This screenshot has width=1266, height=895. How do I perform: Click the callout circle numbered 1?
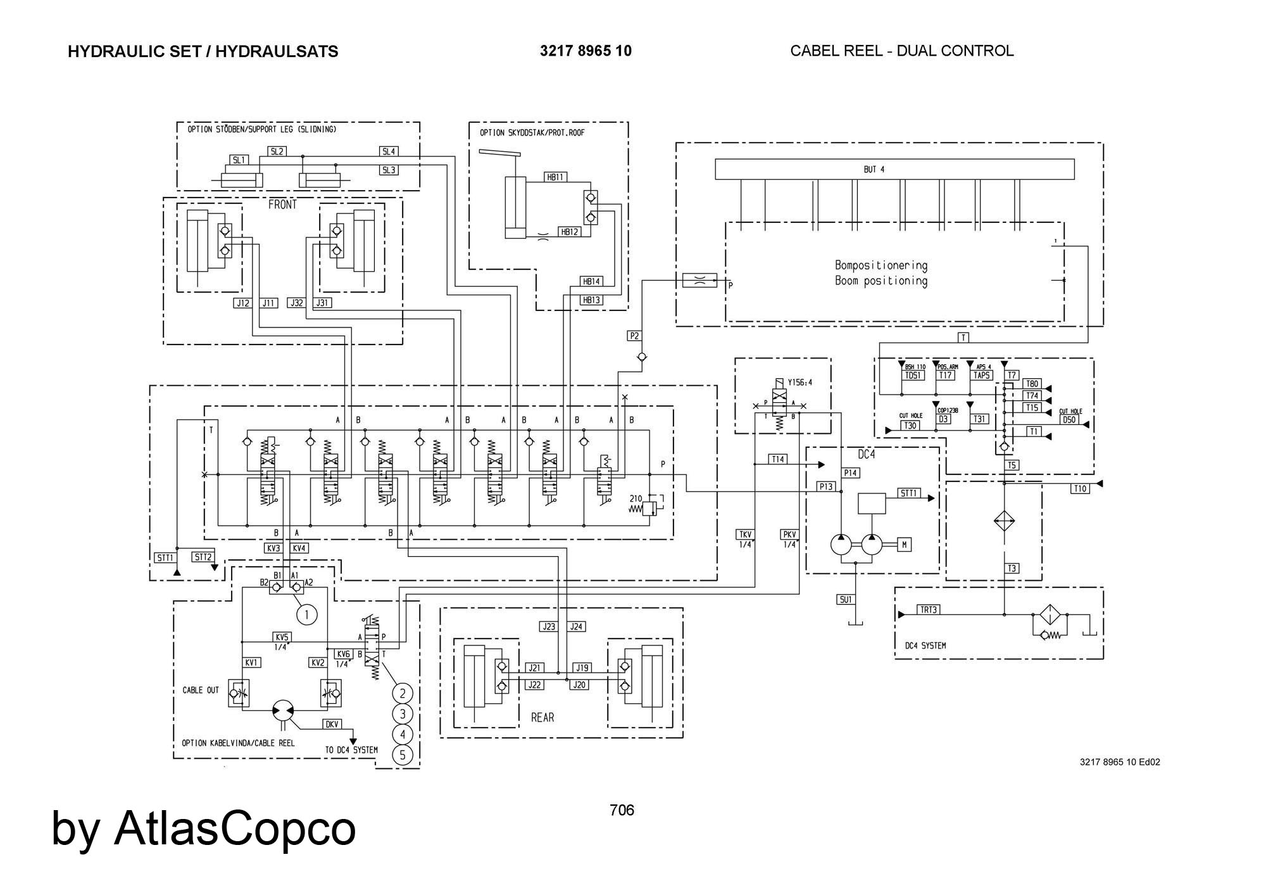coord(306,614)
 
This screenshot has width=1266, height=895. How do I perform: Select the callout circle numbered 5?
coord(403,755)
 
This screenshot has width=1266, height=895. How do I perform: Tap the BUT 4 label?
coord(874,170)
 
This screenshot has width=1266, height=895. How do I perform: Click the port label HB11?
coord(555,177)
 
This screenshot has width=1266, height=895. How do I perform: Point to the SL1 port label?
coord(239,160)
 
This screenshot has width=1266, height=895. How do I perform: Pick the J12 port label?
coord(242,303)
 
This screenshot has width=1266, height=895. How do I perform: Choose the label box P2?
coord(634,336)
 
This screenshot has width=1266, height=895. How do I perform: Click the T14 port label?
coord(778,459)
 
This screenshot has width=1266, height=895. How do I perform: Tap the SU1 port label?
coord(846,599)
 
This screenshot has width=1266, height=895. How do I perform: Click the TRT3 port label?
coord(929,610)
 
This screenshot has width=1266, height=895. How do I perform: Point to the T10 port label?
coord(1080,488)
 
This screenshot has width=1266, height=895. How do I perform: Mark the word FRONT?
coord(282,205)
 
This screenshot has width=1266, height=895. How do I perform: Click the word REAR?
coord(542,718)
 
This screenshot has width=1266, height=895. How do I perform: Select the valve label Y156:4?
coord(799,383)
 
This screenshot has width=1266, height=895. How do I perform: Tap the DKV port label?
coord(332,724)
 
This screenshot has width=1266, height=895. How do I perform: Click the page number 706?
coord(622,810)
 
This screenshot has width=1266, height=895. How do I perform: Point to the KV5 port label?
coord(282,637)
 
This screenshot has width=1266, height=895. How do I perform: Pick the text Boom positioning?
coord(881,281)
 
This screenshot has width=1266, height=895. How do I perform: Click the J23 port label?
coord(548,626)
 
